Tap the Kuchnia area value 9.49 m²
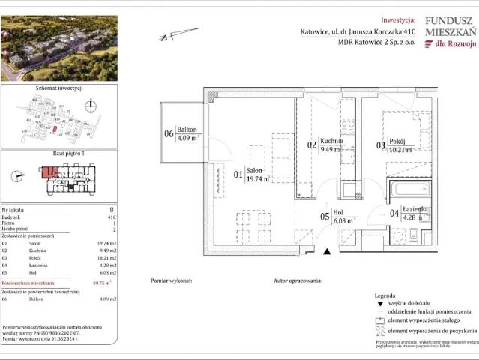331,148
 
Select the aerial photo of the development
59,48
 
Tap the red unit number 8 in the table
111,211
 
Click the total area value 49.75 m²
110,283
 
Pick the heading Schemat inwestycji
59,88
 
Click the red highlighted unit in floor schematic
48,172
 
